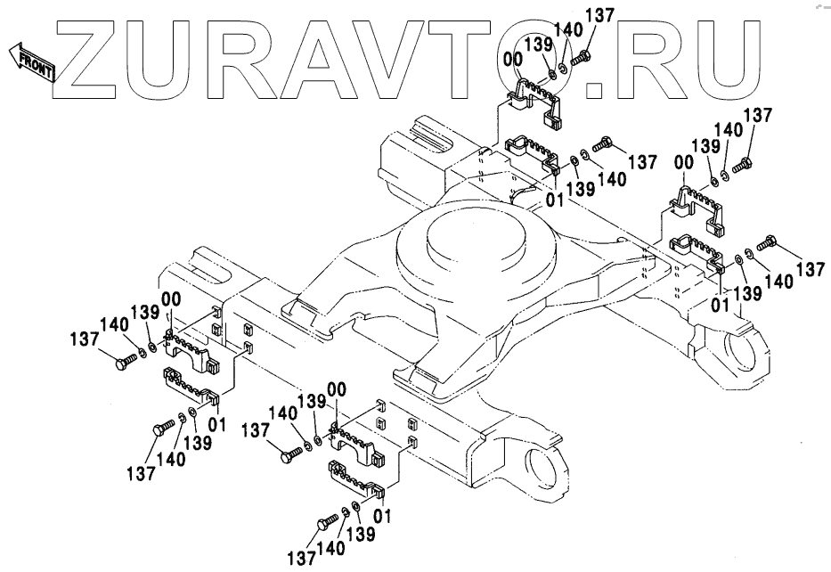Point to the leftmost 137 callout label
click(x=86, y=339)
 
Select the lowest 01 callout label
click(x=383, y=515)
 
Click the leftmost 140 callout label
click(x=114, y=325)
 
